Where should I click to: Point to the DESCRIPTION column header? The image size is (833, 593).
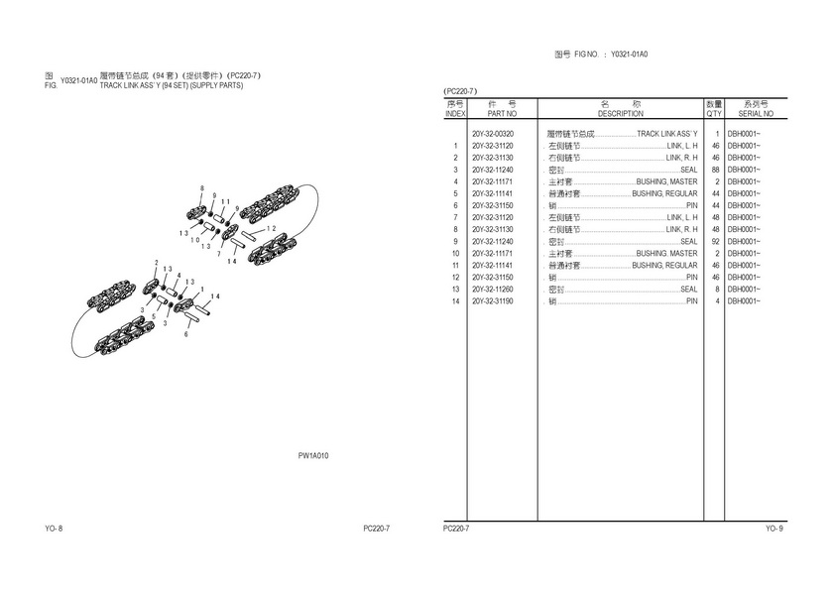(x=621, y=114)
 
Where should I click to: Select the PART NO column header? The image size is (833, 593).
(x=495, y=114)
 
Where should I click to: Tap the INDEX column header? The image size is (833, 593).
(x=455, y=114)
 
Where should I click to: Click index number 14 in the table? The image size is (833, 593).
(x=455, y=300)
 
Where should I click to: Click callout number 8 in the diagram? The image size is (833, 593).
(x=201, y=188)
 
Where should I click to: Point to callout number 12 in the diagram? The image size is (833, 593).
(x=271, y=228)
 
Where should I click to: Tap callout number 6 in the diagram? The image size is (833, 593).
(x=185, y=334)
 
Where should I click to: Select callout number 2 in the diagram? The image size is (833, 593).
(x=156, y=263)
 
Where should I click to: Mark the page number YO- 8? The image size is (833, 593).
(x=55, y=529)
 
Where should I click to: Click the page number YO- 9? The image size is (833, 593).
(x=773, y=529)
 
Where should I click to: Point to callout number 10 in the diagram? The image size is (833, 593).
(x=196, y=239)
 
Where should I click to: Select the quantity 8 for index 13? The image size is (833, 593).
(x=716, y=289)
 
